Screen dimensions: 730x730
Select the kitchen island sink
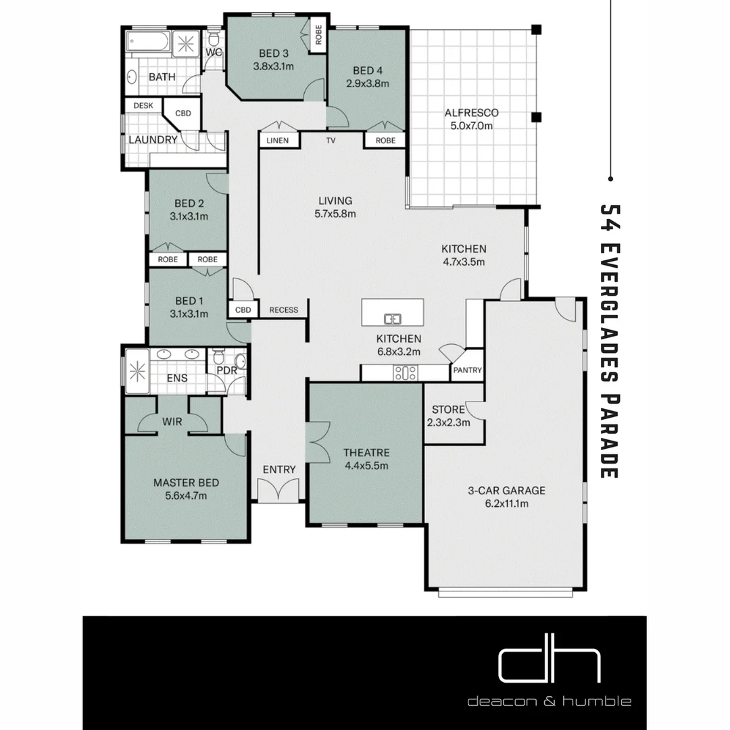click(x=392, y=318)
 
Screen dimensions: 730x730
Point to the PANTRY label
click(x=467, y=370)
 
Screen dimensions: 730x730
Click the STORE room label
click(x=448, y=410)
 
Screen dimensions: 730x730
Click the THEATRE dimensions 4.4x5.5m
click(x=365, y=465)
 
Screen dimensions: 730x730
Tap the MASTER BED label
click(x=186, y=483)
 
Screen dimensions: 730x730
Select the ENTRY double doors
click(x=279, y=489)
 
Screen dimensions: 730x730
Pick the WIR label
click(x=172, y=422)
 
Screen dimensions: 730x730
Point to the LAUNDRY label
click(x=153, y=140)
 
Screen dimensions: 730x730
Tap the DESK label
click(x=143, y=105)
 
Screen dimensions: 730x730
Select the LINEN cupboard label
click(x=277, y=141)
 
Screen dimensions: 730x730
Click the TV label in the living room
click(x=331, y=141)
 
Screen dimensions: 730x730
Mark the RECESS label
click(x=283, y=310)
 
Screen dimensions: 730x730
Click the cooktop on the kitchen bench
click(x=405, y=372)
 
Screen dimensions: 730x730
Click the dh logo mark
click(x=549, y=665)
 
